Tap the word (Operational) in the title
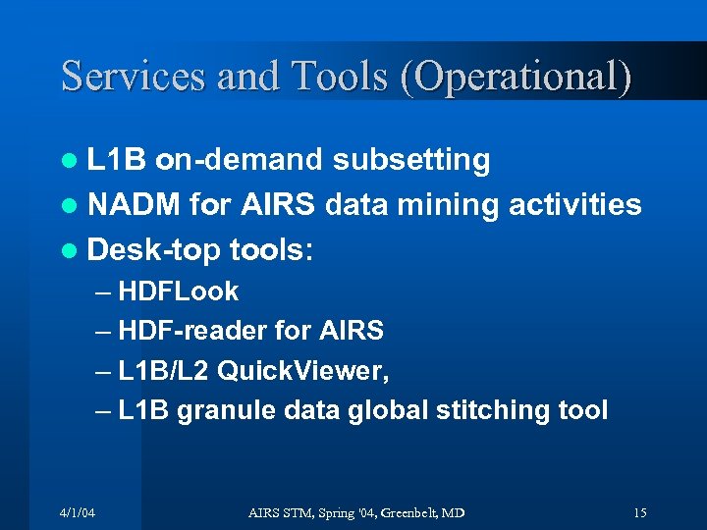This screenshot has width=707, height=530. [x=515, y=77]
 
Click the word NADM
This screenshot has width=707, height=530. [x=135, y=205]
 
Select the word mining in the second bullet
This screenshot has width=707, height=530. [x=453, y=205]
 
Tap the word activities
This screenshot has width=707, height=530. [x=578, y=205]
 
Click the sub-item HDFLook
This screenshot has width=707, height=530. [x=178, y=291]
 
